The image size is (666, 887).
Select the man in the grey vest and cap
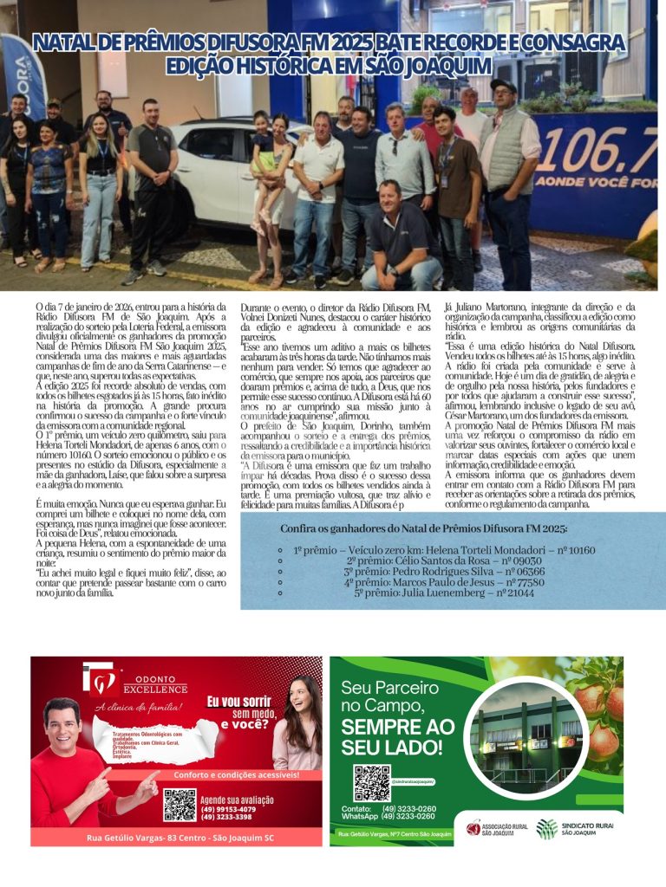512,173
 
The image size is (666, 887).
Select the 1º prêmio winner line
444,550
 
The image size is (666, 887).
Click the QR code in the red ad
180,805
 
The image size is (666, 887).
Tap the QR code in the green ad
370,782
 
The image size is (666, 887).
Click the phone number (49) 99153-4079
227,809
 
